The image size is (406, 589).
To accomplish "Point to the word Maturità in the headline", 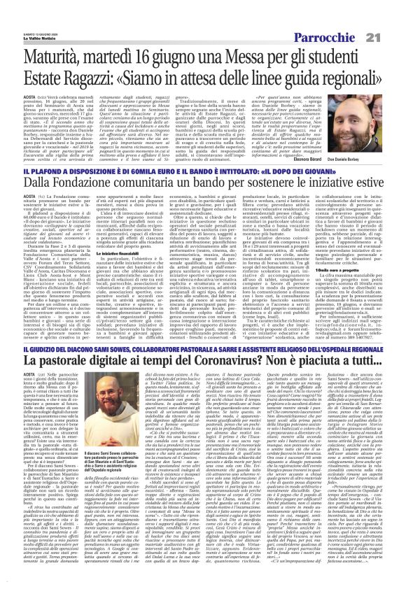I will [53, 45].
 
